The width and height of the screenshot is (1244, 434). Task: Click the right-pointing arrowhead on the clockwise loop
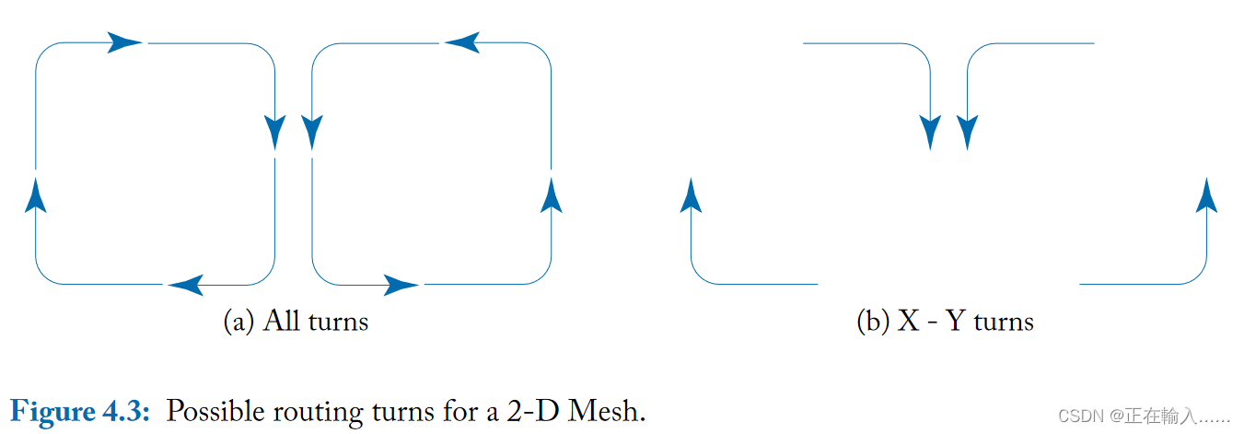click(125, 42)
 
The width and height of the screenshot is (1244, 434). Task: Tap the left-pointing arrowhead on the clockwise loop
click(186, 285)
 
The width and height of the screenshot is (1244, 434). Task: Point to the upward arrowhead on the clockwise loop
click(36, 194)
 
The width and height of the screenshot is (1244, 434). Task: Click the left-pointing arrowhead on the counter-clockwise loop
click(462, 42)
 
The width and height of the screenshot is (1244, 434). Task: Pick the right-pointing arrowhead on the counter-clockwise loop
click(401, 285)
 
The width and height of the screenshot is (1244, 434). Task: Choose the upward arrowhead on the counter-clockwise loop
click(552, 194)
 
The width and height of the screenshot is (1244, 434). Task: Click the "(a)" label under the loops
click(239, 321)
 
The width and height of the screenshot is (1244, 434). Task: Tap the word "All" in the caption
click(282, 321)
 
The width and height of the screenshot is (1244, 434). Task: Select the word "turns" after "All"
click(337, 321)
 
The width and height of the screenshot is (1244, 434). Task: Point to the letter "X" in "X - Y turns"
click(909, 321)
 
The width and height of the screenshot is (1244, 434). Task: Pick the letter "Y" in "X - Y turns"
click(955, 321)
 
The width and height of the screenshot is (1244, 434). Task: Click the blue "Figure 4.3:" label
click(79, 410)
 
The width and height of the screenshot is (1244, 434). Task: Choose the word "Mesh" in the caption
click(609, 410)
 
